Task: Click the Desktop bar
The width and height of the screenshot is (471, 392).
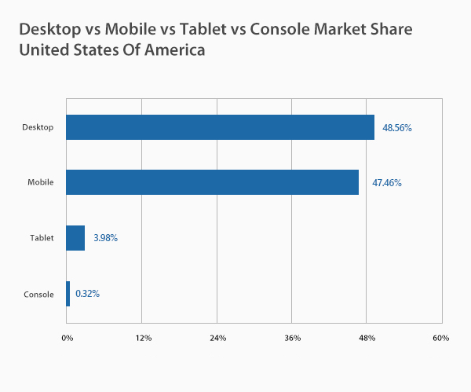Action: tap(220, 127)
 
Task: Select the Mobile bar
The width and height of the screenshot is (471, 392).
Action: tap(212, 182)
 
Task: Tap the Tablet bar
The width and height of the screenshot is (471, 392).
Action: tap(75, 238)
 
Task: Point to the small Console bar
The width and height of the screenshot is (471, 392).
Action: tap(68, 294)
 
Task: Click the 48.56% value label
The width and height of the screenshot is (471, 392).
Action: tap(397, 127)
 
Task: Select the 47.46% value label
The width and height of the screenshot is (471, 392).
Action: tap(387, 183)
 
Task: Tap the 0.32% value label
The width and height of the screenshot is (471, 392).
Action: tap(87, 294)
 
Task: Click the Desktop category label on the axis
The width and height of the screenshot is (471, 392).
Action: tap(38, 127)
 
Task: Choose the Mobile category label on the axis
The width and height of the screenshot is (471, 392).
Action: tap(40, 183)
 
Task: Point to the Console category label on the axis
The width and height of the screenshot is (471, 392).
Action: tap(38, 295)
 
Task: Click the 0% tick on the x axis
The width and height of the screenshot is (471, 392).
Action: tap(68, 338)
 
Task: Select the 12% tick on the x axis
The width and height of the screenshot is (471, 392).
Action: tap(142, 338)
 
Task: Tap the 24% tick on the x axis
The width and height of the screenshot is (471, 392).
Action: tap(217, 338)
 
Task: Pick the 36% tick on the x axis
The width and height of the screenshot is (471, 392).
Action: tap(292, 338)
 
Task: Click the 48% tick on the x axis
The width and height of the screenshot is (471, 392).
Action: tap(367, 338)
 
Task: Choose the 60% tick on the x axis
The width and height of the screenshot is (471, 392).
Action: tap(440, 338)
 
